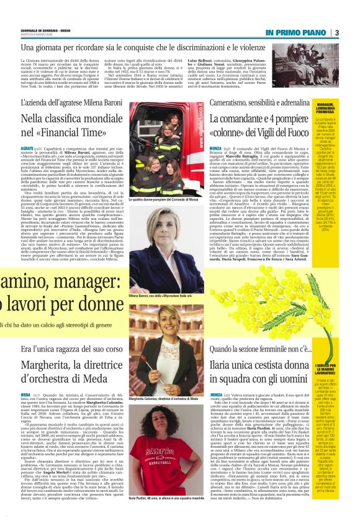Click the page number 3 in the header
click(x=336, y=32)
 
